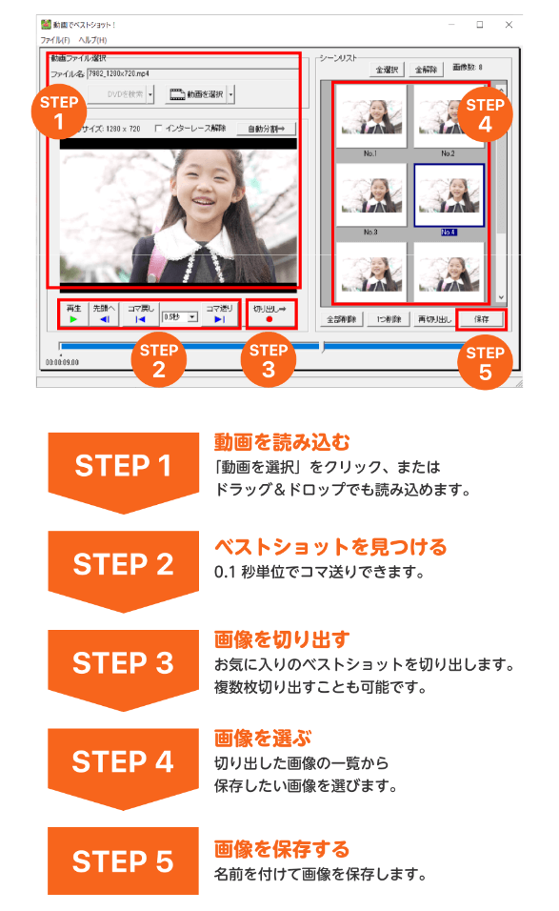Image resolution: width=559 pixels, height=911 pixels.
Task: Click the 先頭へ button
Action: [104, 314]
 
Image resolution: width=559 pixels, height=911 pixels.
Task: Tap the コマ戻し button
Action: [139, 314]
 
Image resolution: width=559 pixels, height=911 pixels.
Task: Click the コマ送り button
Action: [219, 314]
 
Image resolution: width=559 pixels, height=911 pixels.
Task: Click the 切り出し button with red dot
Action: [270, 314]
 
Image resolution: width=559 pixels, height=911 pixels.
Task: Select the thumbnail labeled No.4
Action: [449, 198]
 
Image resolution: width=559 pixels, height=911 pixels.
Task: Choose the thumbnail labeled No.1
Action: [369, 118]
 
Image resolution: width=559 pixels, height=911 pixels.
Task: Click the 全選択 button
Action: [387, 69]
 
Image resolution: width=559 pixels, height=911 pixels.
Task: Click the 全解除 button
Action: [425, 69]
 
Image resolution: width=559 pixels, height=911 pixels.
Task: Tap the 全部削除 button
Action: [341, 319]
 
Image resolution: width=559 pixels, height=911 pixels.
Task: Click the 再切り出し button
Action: [433, 319]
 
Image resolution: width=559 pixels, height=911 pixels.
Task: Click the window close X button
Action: [509, 25]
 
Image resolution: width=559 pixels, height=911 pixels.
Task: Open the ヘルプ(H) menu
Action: [92, 40]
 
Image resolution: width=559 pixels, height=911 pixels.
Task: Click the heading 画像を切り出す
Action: [282, 638]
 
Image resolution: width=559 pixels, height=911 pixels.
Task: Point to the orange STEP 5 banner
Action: [123, 860]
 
